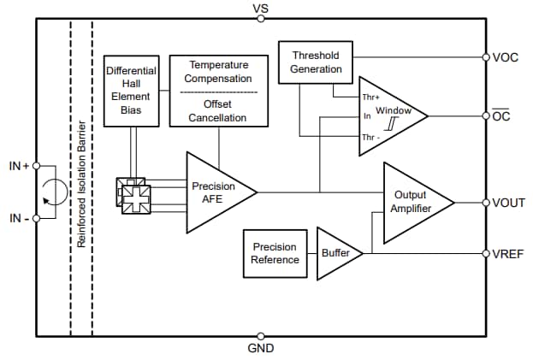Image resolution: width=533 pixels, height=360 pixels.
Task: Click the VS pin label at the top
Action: coord(261,8)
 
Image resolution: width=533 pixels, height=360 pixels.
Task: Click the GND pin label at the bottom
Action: coord(261,349)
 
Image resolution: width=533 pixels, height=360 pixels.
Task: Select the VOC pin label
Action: coord(506,58)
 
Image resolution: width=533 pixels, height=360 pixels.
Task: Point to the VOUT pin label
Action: coord(509,203)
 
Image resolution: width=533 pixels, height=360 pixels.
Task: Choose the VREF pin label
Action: coord(509,254)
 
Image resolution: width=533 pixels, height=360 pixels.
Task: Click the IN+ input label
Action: coord(19,166)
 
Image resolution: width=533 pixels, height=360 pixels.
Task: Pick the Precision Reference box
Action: coord(275,253)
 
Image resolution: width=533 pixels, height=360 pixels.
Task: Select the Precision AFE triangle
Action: coord(216,192)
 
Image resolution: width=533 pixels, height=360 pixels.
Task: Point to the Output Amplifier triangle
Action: coord(411,203)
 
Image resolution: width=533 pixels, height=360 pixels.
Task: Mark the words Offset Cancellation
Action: coord(217,111)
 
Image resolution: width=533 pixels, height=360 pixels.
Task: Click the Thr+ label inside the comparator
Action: coord(371,97)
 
